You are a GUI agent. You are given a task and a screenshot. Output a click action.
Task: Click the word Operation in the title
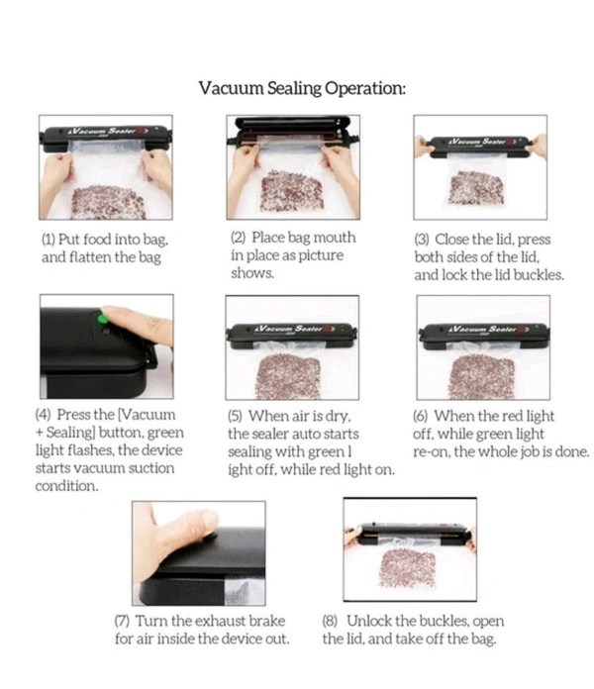(364, 88)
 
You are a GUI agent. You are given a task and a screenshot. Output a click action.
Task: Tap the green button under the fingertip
(102, 318)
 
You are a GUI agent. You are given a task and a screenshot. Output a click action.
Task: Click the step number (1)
(49, 240)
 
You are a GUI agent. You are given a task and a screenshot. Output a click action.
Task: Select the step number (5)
(235, 416)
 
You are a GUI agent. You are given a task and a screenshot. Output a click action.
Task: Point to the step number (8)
(330, 621)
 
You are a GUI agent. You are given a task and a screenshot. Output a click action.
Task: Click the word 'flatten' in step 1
(90, 257)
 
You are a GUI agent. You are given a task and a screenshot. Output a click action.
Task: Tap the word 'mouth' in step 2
(335, 238)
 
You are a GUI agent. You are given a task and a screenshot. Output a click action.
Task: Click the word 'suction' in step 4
(151, 468)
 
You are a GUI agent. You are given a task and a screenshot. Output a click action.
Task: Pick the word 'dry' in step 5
(338, 417)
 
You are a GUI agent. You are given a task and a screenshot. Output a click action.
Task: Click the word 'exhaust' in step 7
(220, 621)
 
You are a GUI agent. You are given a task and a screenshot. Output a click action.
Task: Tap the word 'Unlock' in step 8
(368, 621)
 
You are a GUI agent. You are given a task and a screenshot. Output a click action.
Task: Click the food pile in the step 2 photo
(292, 191)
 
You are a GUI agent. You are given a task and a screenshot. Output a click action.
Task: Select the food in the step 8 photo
(407, 568)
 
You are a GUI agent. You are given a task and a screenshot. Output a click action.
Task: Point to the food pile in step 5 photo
(289, 377)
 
